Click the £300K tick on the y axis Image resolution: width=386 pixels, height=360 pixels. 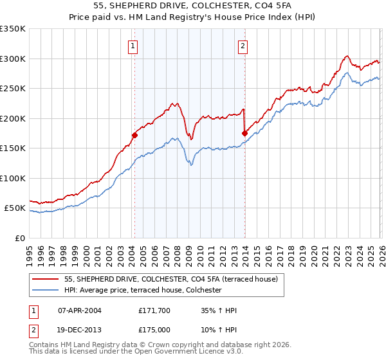pyautogui.click(x=13, y=59)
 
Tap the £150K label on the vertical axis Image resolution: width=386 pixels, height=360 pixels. pyautogui.click(x=13, y=148)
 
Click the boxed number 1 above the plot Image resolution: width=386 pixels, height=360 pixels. pyautogui.click(x=133, y=46)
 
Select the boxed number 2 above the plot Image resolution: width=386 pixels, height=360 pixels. pyautogui.click(x=243, y=46)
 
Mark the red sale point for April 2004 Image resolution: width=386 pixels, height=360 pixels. pyautogui.click(x=134, y=135)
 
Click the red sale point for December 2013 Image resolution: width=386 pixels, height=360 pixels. pyautogui.click(x=244, y=133)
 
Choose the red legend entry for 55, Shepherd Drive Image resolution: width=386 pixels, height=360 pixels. pyautogui.click(x=170, y=279)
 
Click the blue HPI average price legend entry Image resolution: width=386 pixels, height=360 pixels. pyautogui.click(x=143, y=291)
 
